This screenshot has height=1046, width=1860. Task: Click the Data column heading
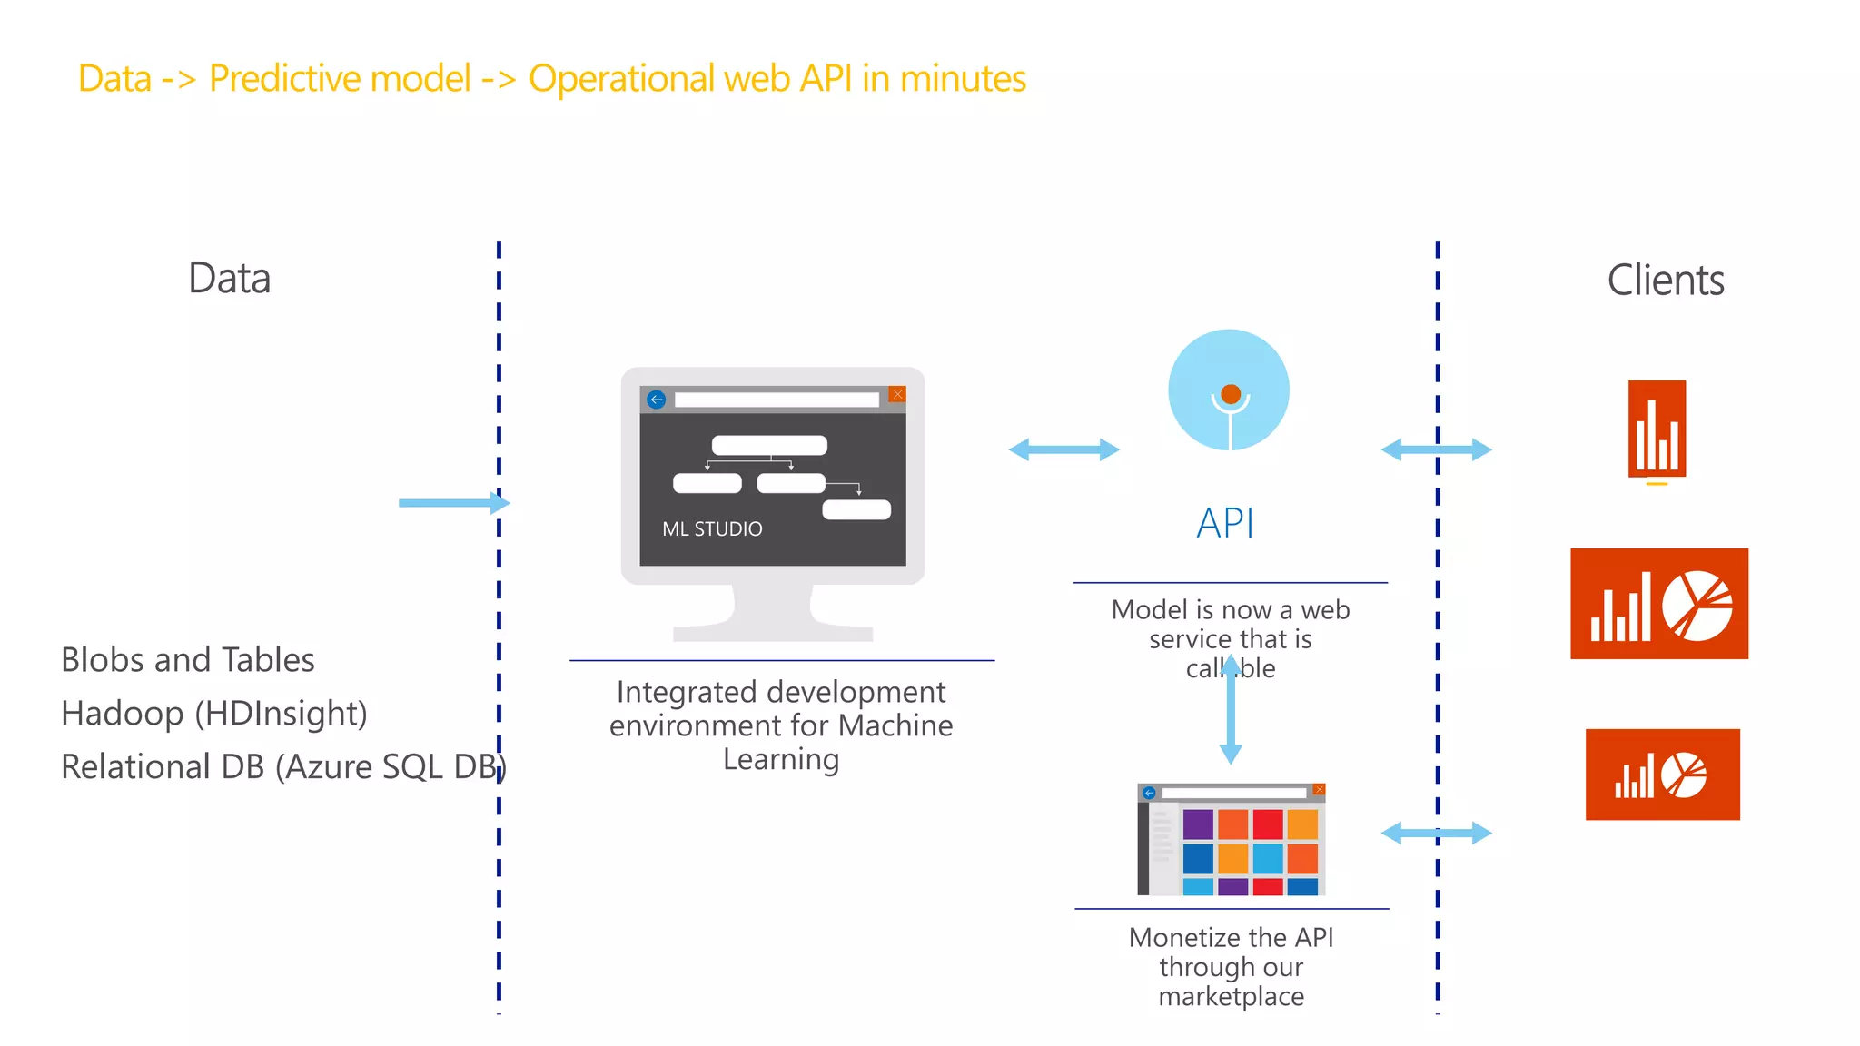[229, 278]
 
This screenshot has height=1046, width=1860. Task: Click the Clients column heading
[1665, 280]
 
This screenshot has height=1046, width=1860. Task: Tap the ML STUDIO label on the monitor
[712, 528]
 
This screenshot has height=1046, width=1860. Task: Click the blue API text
[1225, 524]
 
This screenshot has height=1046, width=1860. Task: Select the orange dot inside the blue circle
[1231, 394]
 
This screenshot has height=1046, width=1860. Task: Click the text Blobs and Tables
[187, 659]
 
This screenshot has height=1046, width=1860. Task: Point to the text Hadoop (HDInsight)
[213, 713]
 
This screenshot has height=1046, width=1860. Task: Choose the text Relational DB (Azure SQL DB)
[282, 766]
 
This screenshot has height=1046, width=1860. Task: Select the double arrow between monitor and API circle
[1064, 449]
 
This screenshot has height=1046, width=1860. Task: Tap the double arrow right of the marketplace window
[1436, 833]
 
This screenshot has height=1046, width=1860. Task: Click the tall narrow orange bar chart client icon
[1657, 429]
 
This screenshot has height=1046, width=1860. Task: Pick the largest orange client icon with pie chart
[1658, 604]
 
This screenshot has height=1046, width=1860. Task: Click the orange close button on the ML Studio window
[897, 394]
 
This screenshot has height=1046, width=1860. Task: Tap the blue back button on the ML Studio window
[657, 400]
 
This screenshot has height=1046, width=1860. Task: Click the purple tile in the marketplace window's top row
[1198, 824]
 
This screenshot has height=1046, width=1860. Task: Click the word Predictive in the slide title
[340, 79]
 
